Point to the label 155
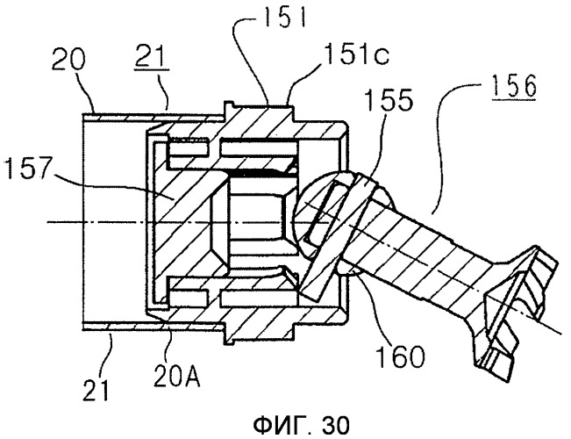[x=389, y=99]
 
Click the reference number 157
[x=27, y=168]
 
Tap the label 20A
[x=176, y=374]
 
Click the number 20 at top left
[x=68, y=60]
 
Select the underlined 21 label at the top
[x=152, y=57]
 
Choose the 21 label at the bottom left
[x=96, y=389]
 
